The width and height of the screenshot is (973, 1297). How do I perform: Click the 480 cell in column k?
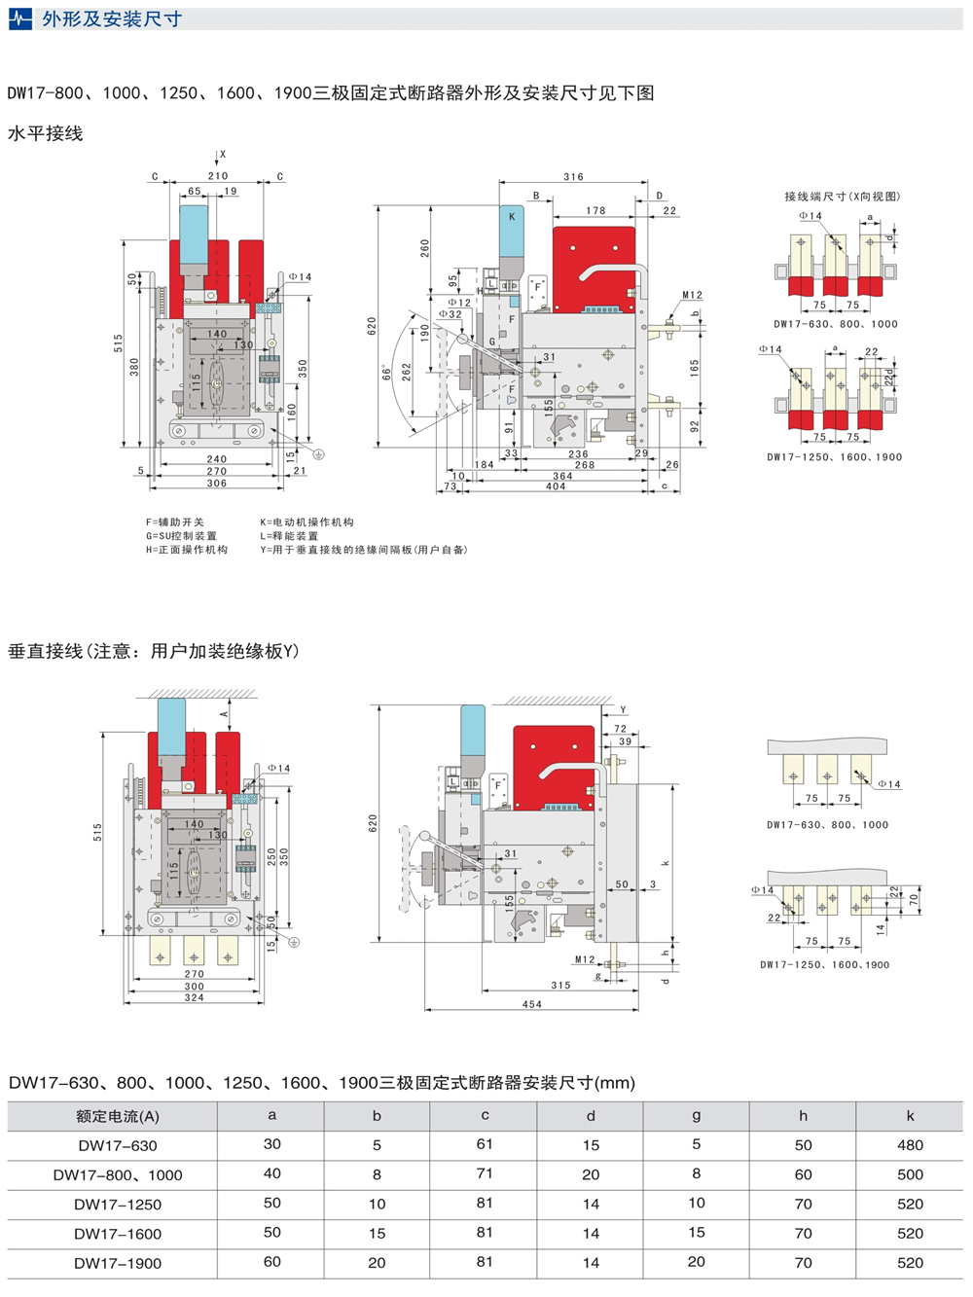(910, 1145)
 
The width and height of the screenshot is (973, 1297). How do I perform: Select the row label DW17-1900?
(118, 1263)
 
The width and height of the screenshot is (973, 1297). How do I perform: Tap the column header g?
(696, 1116)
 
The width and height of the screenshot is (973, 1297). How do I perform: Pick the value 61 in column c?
(485, 1144)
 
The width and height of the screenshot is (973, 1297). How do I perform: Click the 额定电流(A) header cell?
(118, 1116)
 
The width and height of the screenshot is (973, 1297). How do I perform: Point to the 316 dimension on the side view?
(573, 177)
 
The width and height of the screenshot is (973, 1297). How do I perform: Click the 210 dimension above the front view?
(218, 176)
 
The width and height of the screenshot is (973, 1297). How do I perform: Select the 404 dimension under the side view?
(556, 486)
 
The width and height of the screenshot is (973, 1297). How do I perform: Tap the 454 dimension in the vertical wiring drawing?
(531, 1004)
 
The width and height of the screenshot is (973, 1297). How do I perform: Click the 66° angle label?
(386, 373)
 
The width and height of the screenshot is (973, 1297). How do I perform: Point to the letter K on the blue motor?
(512, 217)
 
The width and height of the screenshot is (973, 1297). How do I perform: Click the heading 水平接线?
(46, 134)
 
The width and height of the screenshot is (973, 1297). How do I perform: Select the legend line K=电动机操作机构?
(306, 522)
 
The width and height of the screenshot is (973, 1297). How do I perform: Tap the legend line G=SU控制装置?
(182, 536)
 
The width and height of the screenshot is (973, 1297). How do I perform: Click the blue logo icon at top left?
(19, 18)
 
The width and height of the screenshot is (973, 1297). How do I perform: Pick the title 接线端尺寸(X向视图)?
(843, 197)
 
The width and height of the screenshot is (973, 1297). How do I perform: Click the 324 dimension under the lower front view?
(195, 997)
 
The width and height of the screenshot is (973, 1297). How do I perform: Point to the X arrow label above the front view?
(222, 155)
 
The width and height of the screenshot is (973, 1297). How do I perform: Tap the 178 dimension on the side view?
(595, 210)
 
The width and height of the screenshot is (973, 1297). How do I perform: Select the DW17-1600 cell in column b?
(377, 1234)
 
